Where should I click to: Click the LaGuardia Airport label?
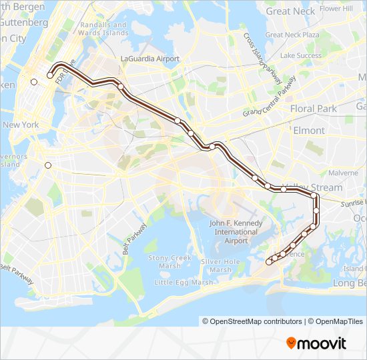(x=150, y=59)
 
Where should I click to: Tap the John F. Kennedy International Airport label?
(x=227, y=231)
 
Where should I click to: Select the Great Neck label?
(x=291, y=11)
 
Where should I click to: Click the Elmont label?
(x=308, y=131)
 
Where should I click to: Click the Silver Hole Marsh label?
(x=220, y=265)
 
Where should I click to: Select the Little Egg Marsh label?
(x=185, y=283)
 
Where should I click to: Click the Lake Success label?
(x=301, y=55)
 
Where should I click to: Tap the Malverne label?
(x=343, y=172)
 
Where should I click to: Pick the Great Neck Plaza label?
(x=292, y=35)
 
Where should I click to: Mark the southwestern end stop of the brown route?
(x=269, y=262)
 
